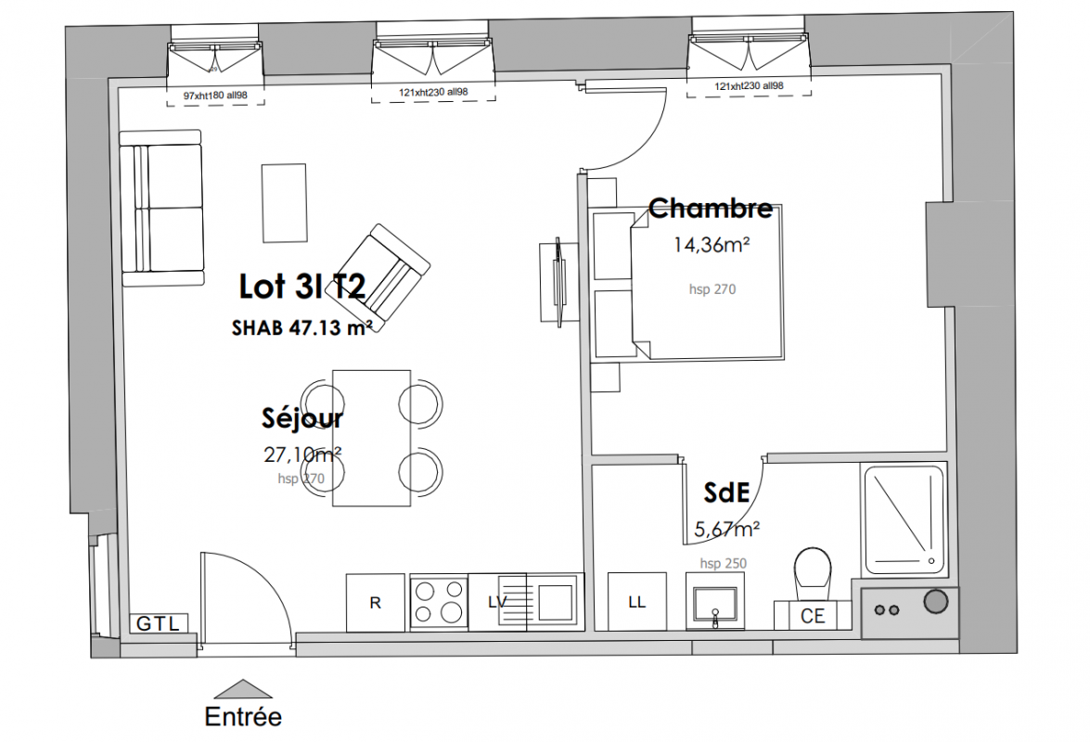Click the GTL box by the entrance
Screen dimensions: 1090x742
[160, 623]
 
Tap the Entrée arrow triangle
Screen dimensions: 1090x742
[243, 689]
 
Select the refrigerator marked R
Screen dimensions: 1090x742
[376, 602]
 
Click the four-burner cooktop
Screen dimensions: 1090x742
[439, 602]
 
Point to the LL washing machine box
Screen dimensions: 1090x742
[636, 602]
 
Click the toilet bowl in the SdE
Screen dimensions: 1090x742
[813, 568]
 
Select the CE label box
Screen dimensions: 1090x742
[813, 615]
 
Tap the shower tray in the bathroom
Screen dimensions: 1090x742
[904, 519]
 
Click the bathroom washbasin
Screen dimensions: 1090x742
[714, 601]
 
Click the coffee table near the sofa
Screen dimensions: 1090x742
[284, 203]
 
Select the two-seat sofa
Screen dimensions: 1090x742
[162, 208]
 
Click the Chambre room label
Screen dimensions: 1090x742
[711, 208]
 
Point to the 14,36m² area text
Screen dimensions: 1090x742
[712, 245]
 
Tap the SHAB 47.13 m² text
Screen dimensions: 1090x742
[301, 327]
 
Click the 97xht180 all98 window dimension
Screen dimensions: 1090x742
[215, 96]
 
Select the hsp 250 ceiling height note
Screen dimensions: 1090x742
[723, 563]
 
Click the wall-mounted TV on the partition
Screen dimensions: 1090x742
[557, 281]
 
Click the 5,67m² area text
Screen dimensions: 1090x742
[727, 530]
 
